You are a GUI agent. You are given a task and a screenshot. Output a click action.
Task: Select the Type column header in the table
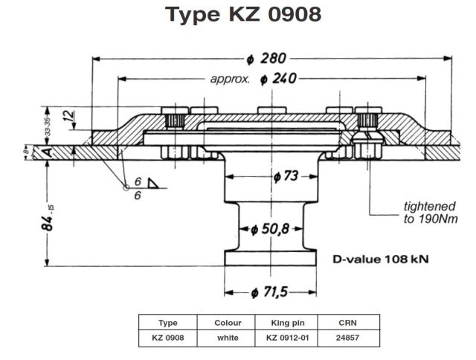coord(168,323)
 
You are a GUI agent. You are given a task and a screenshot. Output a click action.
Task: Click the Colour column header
coord(226,323)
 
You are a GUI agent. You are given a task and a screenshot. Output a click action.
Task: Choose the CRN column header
coord(345,323)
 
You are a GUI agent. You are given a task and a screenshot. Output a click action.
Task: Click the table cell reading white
coord(226,337)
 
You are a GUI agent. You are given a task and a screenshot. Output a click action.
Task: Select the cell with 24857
coord(345,337)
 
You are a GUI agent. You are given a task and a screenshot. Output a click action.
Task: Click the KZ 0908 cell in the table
coord(168,337)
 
